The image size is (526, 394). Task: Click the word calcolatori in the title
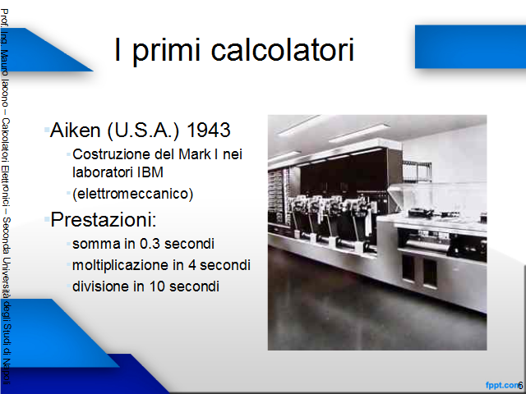[x=283, y=49]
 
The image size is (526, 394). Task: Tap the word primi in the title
[x=166, y=51]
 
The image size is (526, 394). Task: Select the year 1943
[x=208, y=130]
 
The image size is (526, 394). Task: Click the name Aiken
[x=75, y=130]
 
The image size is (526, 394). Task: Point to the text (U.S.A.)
[x=144, y=131]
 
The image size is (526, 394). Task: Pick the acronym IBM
[x=150, y=172]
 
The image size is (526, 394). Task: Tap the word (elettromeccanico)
[x=133, y=194]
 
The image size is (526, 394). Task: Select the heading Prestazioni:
[x=104, y=220]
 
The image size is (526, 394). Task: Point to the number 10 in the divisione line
[x=156, y=286]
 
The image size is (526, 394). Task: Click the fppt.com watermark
[x=502, y=386]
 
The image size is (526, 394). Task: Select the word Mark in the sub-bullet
[x=195, y=154]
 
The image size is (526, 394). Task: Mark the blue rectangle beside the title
[x=470, y=47]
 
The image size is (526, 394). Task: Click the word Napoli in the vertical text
[x=6, y=372]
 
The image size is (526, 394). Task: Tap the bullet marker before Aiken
[x=47, y=130]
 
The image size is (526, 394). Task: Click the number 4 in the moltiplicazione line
[x=191, y=265]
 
